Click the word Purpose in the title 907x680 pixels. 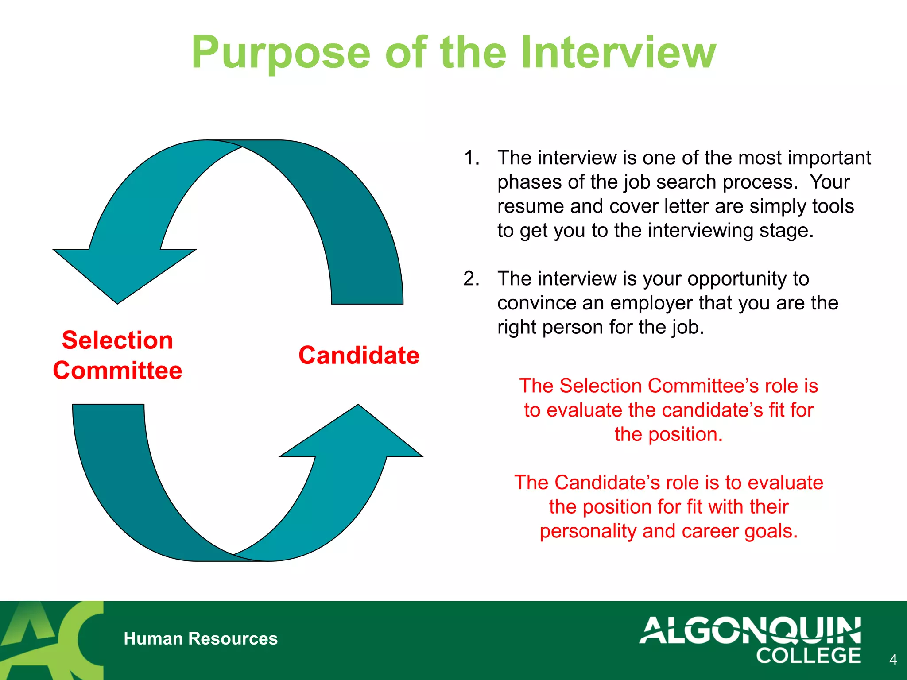click(280, 53)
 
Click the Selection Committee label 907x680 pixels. click(117, 355)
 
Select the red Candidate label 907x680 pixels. click(359, 355)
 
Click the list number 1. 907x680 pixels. click(471, 158)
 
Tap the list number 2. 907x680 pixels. click(471, 279)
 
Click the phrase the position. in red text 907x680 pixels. click(668, 434)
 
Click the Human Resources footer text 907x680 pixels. click(201, 638)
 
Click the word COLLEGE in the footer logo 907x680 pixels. click(808, 656)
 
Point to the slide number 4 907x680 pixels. click(893, 660)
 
